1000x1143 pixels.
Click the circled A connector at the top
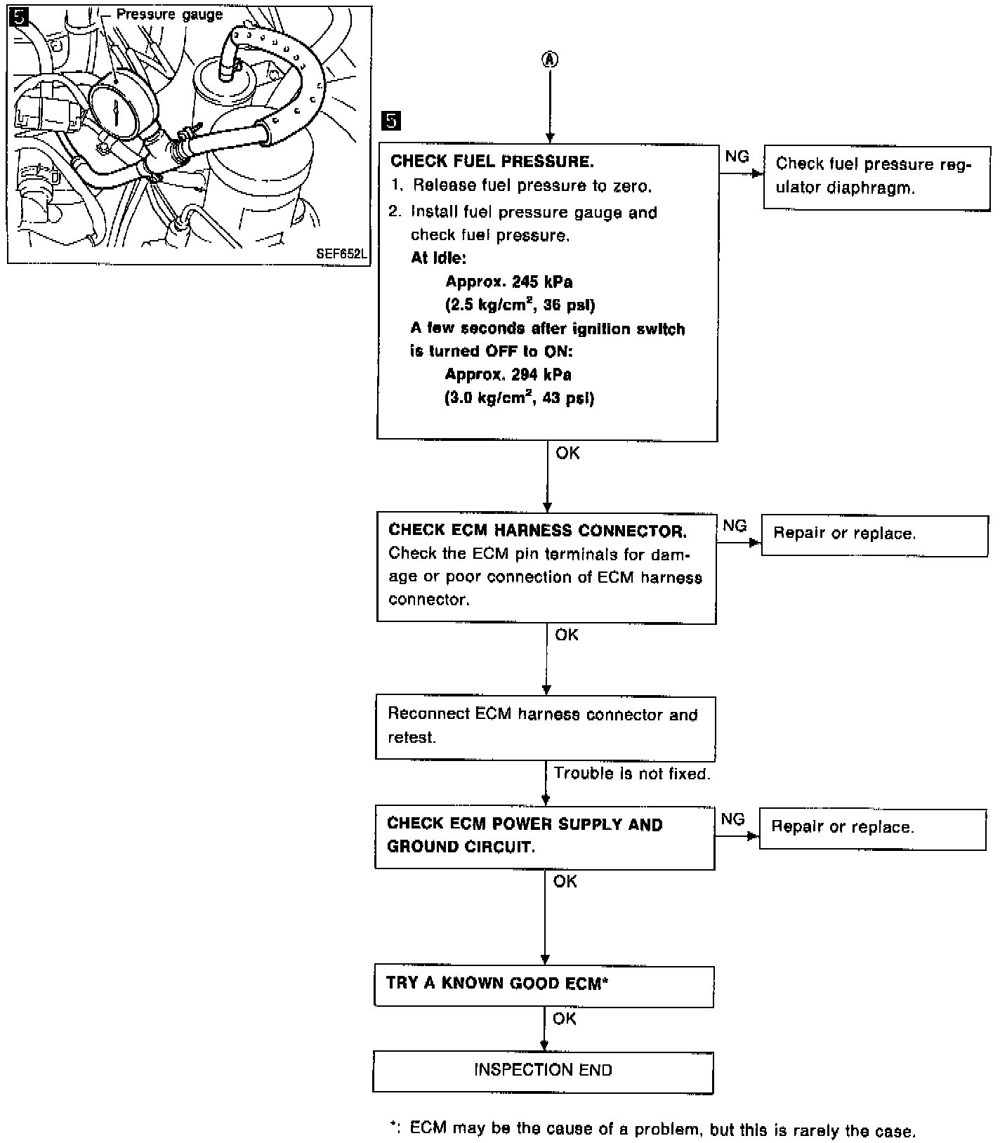tap(550, 60)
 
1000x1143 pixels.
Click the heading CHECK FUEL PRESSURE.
tap(492, 161)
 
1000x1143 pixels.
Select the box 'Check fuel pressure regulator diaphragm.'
tap(876, 176)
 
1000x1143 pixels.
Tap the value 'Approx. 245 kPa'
tap(509, 282)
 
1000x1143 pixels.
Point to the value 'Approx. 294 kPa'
tap(508, 375)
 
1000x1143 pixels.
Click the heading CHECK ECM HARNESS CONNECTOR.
tap(537, 530)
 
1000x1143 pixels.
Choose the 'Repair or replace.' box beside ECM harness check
tap(874, 536)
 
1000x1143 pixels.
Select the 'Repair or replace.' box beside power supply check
tap(872, 829)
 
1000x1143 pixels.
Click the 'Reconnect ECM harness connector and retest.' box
tap(545, 727)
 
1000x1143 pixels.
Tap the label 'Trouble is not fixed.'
tap(632, 774)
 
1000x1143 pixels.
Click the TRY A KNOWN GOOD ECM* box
tap(544, 986)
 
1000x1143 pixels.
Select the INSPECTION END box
tap(543, 1071)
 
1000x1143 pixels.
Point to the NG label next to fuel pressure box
tap(737, 157)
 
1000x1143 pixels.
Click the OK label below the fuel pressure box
tap(567, 454)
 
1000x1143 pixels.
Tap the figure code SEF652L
tap(341, 254)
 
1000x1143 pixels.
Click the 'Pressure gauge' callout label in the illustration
tap(169, 14)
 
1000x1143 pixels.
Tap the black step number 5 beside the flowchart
tap(390, 121)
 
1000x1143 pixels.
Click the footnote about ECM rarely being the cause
tap(653, 1129)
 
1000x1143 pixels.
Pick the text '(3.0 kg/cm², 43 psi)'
tap(520, 398)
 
